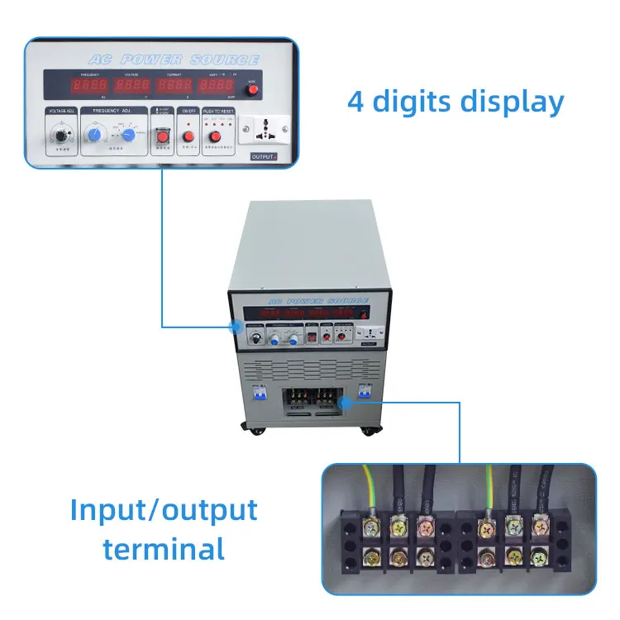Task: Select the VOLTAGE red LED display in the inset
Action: point(132,86)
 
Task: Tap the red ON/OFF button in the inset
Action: point(188,136)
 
